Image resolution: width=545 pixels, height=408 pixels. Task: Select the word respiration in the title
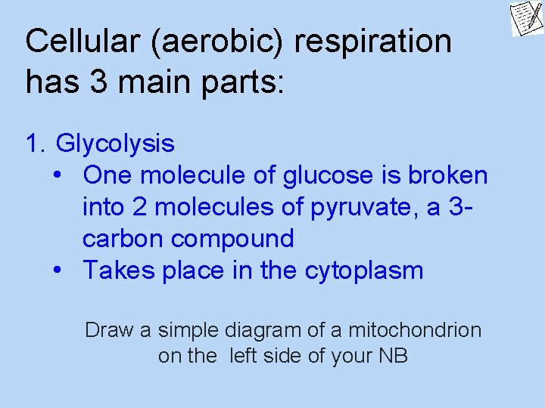click(373, 42)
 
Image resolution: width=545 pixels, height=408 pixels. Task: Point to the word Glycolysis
click(115, 144)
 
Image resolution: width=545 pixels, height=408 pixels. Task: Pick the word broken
click(448, 175)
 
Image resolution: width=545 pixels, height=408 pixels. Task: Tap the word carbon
click(123, 239)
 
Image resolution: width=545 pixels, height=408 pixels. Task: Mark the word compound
click(233, 239)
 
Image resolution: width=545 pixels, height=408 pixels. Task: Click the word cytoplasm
click(364, 270)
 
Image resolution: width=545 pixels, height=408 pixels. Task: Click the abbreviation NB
click(392, 355)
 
